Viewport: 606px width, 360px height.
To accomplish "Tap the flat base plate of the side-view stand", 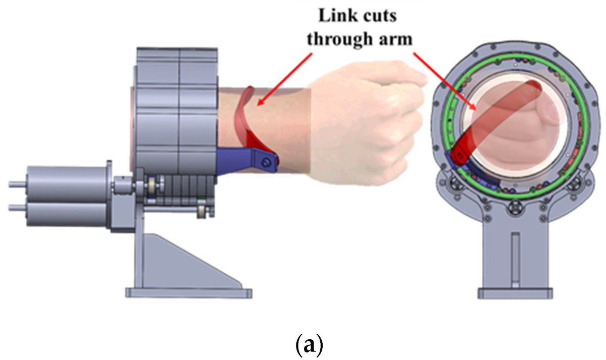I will tap(188, 292).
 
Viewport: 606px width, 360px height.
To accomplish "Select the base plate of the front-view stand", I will tap(514, 293).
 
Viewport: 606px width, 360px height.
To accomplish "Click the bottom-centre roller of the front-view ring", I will tap(514, 207).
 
